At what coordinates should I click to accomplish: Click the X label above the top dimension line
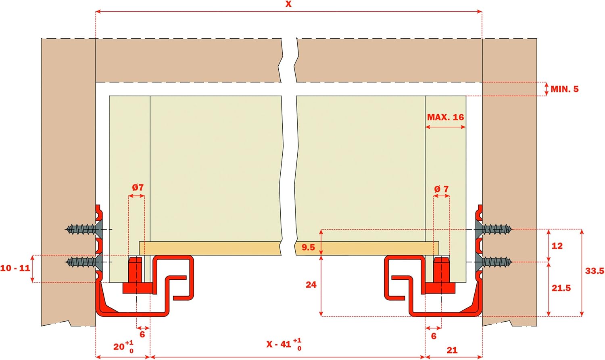[x=288, y=4]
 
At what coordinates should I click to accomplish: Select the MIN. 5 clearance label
[x=565, y=89]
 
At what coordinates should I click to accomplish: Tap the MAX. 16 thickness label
[x=445, y=117]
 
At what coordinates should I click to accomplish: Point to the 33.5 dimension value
[x=595, y=271]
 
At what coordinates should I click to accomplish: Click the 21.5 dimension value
[x=561, y=288]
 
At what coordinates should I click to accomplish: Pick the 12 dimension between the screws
[x=557, y=246]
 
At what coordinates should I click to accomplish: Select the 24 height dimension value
[x=311, y=285]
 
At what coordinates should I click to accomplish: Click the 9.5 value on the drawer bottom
[x=308, y=247]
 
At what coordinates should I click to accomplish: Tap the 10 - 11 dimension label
[x=15, y=268]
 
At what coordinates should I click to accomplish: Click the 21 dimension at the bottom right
[x=452, y=350]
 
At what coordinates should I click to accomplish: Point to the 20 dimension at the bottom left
[x=123, y=347]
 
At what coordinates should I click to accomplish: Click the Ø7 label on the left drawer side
[x=138, y=187]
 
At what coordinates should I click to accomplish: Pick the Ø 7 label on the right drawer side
[x=441, y=189]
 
